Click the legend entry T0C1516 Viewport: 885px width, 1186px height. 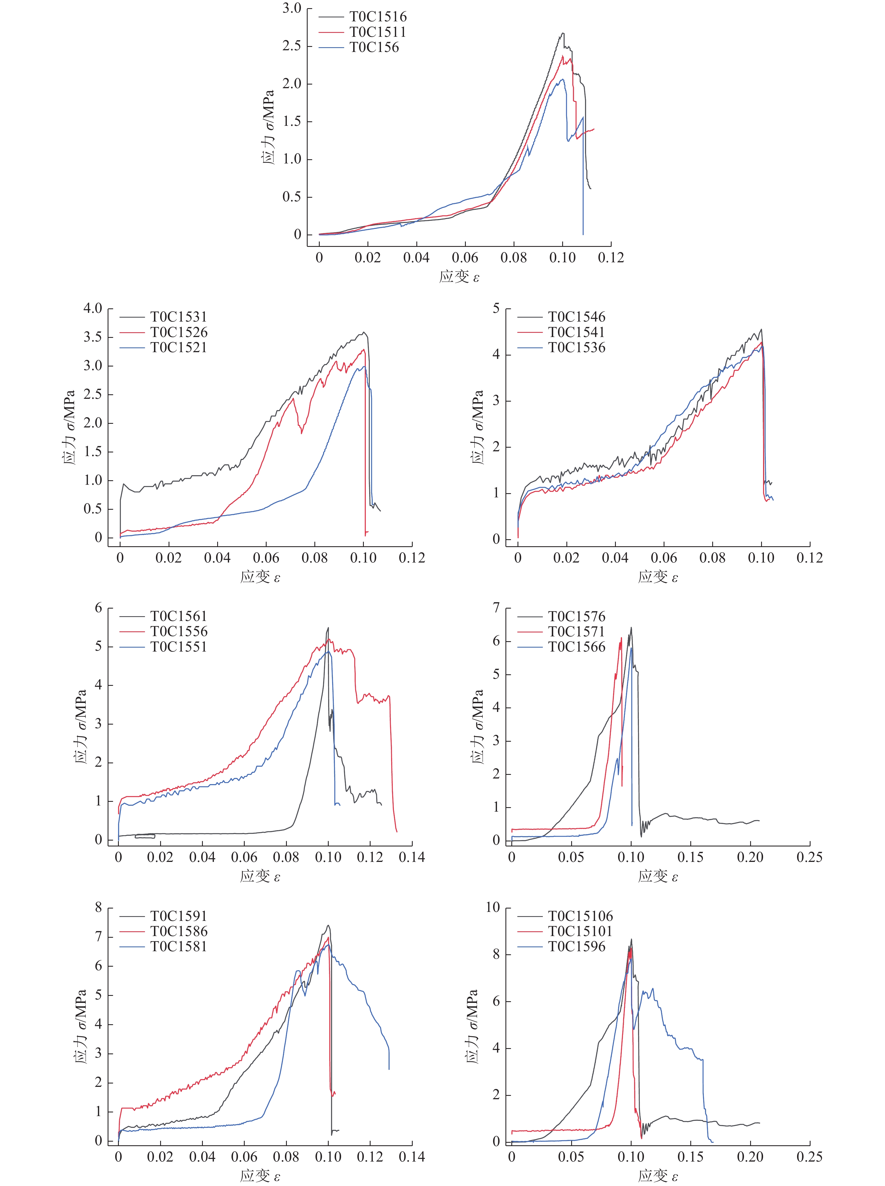click(x=378, y=17)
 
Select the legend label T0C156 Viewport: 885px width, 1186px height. click(x=374, y=48)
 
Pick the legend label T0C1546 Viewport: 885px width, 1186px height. click(x=577, y=317)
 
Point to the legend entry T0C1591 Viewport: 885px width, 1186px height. click(x=178, y=916)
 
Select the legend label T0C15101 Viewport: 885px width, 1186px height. click(x=580, y=932)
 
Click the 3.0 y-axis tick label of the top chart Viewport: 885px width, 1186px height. click(x=292, y=9)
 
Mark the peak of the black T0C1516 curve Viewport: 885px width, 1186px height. click(x=562, y=33)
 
